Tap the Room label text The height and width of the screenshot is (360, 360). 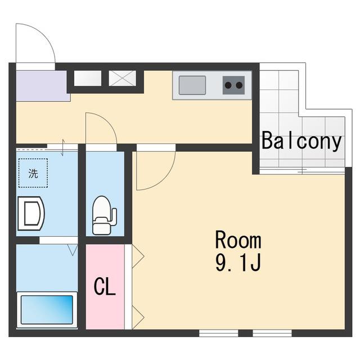point(238,240)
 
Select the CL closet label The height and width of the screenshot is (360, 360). point(105,286)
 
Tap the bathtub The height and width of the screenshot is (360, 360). point(47,309)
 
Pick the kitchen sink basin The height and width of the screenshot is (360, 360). point(192,85)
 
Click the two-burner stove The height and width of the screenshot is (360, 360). point(233,85)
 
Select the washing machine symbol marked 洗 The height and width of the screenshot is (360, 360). point(33,173)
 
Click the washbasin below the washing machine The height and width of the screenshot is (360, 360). point(31,213)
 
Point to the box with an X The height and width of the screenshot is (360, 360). point(123,78)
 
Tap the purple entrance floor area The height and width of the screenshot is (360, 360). point(43,86)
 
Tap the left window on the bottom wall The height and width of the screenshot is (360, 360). point(219,333)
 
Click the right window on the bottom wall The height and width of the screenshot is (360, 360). point(272,333)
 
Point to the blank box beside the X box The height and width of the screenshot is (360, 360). point(88,78)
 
